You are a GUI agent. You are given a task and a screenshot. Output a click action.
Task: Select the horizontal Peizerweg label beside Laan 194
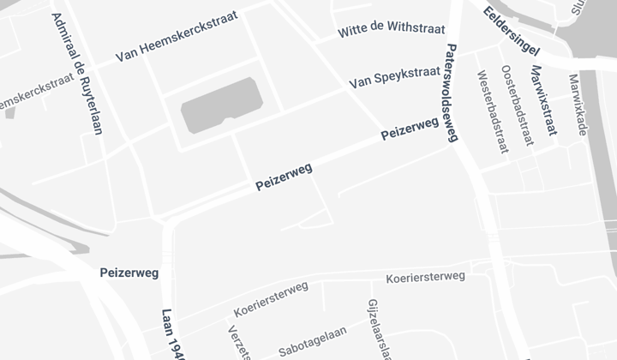[x=129, y=273]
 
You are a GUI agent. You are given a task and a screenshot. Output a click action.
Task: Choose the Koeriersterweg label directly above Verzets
[x=270, y=302]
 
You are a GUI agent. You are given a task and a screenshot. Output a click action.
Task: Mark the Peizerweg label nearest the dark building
[x=284, y=177]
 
